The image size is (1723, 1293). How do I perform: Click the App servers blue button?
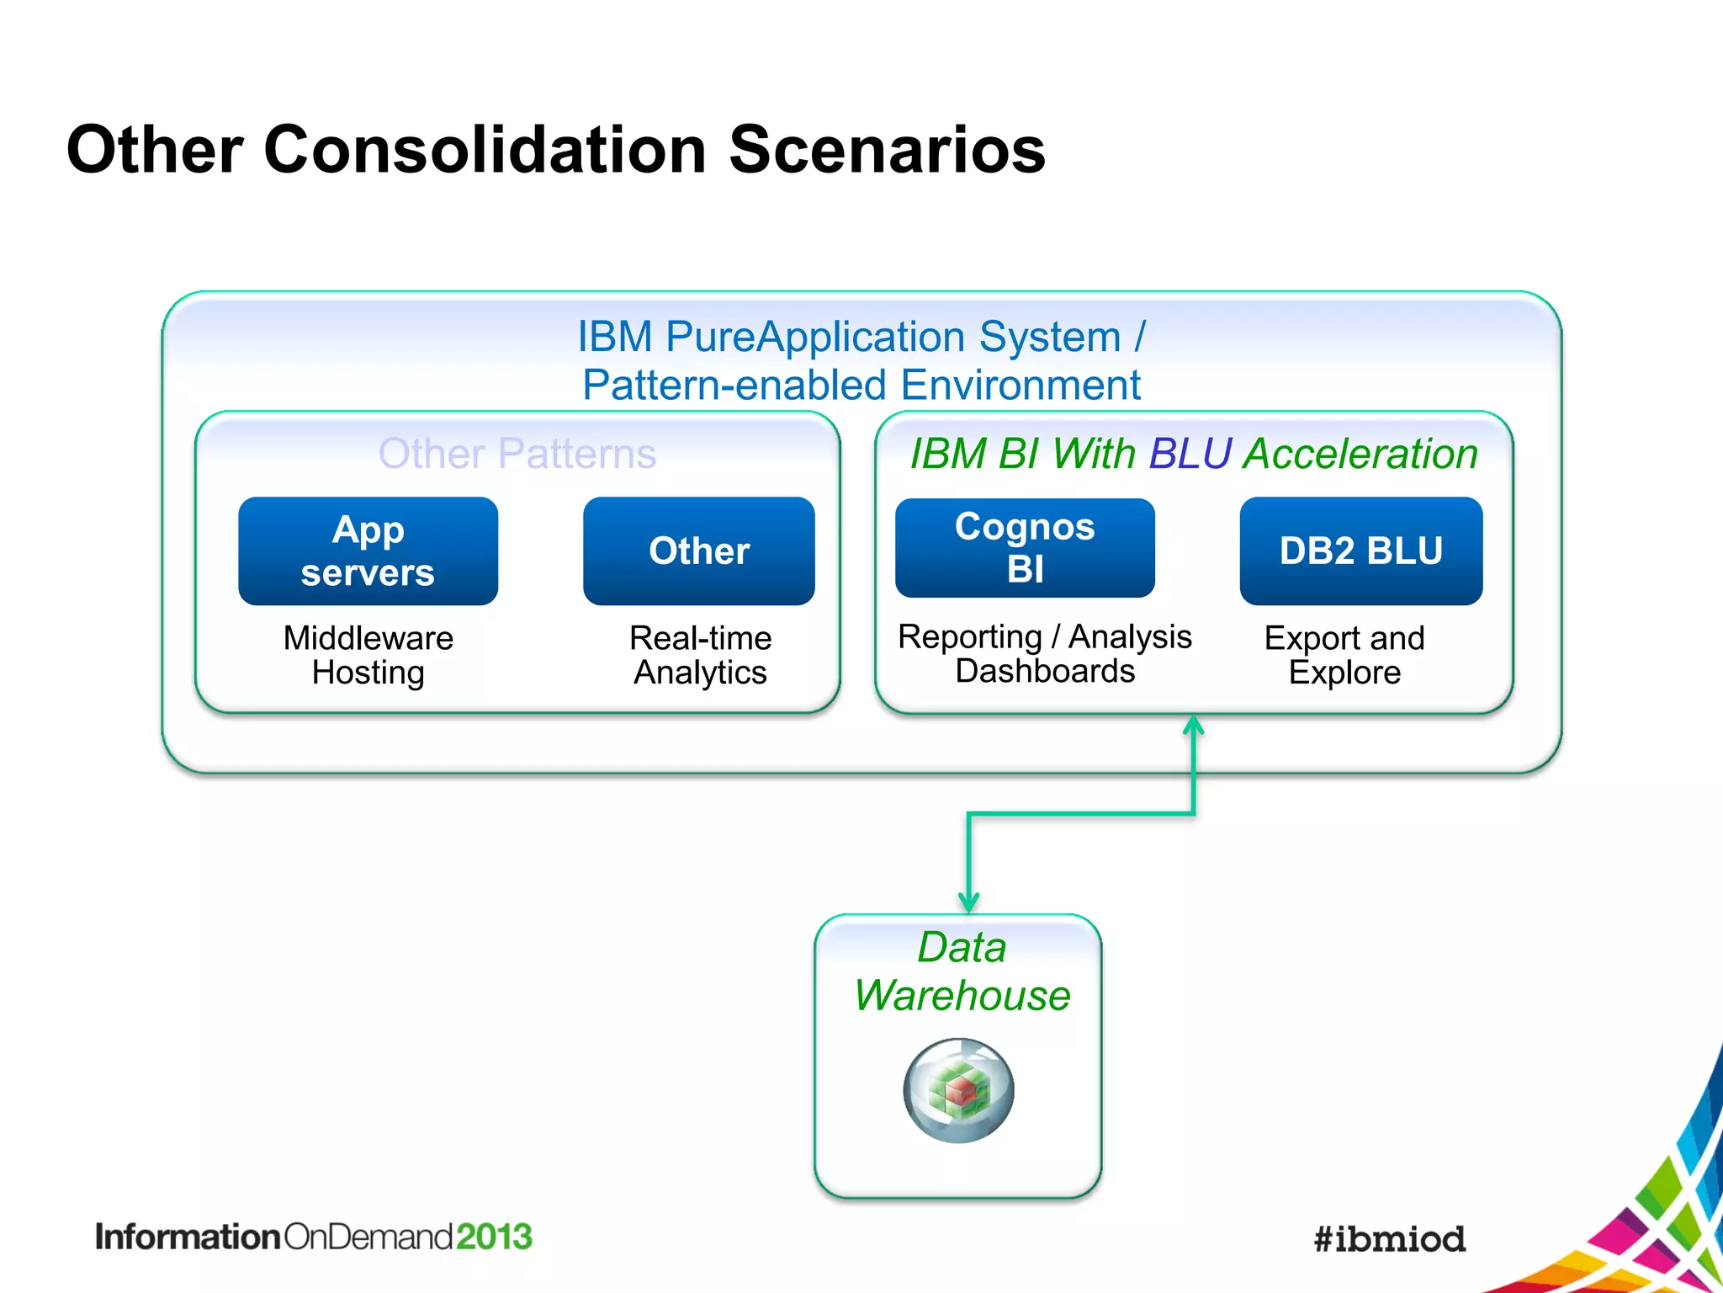click(x=368, y=551)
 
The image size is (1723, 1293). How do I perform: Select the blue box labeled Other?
click(x=698, y=551)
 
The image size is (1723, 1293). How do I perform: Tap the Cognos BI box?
click(x=1024, y=548)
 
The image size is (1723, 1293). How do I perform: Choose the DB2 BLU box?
click(x=1360, y=551)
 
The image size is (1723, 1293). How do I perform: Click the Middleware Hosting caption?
click(x=368, y=655)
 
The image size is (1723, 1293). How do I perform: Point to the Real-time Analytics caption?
click(x=700, y=655)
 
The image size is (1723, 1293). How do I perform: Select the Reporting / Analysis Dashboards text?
click(x=1044, y=653)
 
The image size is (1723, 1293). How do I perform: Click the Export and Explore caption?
click(x=1344, y=655)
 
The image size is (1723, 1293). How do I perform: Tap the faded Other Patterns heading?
click(x=517, y=454)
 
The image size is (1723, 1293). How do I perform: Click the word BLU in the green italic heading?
click(x=1190, y=454)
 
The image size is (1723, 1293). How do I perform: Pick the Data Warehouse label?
click(x=962, y=971)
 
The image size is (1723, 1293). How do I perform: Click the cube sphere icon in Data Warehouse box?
click(x=958, y=1090)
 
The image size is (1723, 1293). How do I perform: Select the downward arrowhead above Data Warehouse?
click(x=968, y=903)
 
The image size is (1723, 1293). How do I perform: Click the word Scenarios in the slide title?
click(x=886, y=150)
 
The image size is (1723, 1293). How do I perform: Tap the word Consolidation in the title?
click(x=485, y=150)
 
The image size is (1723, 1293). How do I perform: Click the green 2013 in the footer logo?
click(x=494, y=1237)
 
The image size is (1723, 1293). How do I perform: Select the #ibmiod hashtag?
click(x=1389, y=1239)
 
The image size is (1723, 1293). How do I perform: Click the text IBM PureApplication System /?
click(x=861, y=337)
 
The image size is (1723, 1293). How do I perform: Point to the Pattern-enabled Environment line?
click(x=861, y=386)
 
